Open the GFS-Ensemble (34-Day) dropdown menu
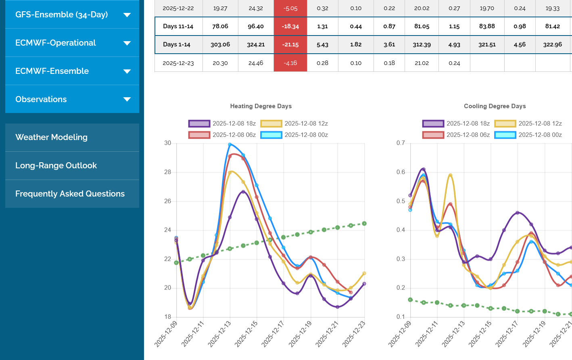pyautogui.click(x=72, y=15)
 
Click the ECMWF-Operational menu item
pyautogui.click(x=72, y=43)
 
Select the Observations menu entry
pyautogui.click(x=72, y=99)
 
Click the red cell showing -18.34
pyautogui.click(x=290, y=26)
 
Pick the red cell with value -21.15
pyautogui.click(x=290, y=44)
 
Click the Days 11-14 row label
pyautogui.click(x=178, y=26)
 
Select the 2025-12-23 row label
pyautogui.click(x=178, y=63)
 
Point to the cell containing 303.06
pyautogui.click(x=220, y=44)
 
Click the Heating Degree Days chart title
pyautogui.click(x=261, y=106)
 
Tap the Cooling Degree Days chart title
pyautogui.click(x=495, y=106)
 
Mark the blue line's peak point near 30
pyautogui.click(x=230, y=144)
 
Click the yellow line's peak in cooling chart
pyautogui.click(x=450, y=175)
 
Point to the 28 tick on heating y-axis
pyautogui.click(x=167, y=172)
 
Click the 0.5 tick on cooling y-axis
pyautogui.click(x=401, y=201)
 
